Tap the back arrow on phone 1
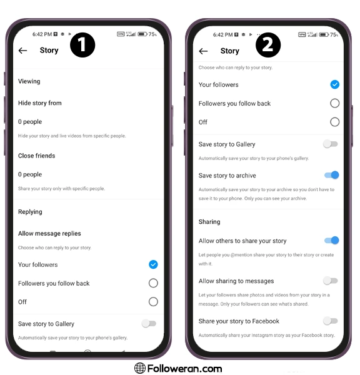pos(22,51)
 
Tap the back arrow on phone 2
pos(203,51)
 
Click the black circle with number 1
pos(82,45)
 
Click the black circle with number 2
pos(268,45)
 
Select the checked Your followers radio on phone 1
pos(153,264)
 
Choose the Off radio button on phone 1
pos(153,302)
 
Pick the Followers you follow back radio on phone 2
pos(334,103)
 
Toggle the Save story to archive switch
pos(332,175)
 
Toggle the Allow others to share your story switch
pos(332,240)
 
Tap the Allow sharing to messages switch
pos(331,281)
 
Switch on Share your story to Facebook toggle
pos(331,321)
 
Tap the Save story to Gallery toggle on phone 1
pos(149,324)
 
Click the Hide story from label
pos(40,103)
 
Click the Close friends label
pos(37,156)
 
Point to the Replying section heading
pos(30,212)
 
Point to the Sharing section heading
pos(209,222)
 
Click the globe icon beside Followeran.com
pos(140,368)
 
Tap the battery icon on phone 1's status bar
pos(142,34)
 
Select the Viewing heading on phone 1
pos(29,81)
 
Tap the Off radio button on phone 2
pos(334,122)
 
